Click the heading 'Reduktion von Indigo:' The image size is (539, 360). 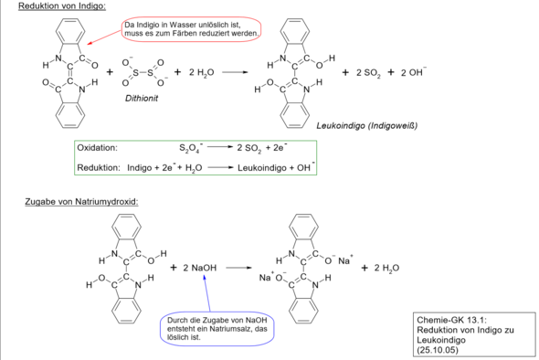(x=62, y=5)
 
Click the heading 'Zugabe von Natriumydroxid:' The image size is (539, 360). (x=81, y=202)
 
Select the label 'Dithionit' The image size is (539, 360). (x=142, y=99)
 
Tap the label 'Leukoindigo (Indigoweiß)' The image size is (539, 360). (x=367, y=126)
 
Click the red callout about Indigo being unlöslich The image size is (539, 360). (x=191, y=29)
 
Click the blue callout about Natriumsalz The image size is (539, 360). (x=217, y=329)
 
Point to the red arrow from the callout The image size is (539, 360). (x=104, y=37)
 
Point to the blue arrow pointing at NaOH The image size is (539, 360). (x=207, y=293)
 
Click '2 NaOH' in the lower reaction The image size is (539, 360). (x=200, y=268)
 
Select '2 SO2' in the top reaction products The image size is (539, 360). (x=368, y=73)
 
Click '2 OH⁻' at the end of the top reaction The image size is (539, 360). (x=414, y=72)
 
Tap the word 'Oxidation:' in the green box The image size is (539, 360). (x=97, y=148)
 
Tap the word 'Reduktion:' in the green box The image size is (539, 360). (x=99, y=168)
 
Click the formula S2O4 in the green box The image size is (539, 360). (x=191, y=148)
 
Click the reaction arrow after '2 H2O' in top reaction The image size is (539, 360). (x=235, y=72)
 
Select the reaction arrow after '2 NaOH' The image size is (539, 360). (x=239, y=268)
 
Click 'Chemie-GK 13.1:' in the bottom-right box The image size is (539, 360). (x=451, y=320)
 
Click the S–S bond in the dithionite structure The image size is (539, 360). (x=143, y=73)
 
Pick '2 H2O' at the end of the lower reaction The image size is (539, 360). (x=386, y=269)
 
